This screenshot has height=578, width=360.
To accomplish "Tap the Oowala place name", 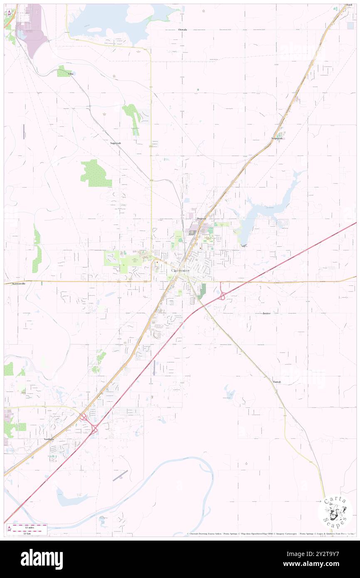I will tap(182, 30).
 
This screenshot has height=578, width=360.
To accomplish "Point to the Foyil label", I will tap(349, 5).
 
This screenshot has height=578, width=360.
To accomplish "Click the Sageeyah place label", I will tap(116, 143).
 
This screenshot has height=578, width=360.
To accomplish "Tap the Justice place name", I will tap(267, 313).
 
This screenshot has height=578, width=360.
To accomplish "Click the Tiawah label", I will tap(277, 382).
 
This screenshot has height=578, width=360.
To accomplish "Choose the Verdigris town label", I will tap(49, 439).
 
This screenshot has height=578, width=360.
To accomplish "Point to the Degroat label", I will tap(202, 218).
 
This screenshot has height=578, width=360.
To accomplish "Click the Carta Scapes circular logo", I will tap(335, 511).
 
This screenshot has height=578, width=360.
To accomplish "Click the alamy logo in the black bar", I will tap(42, 559).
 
